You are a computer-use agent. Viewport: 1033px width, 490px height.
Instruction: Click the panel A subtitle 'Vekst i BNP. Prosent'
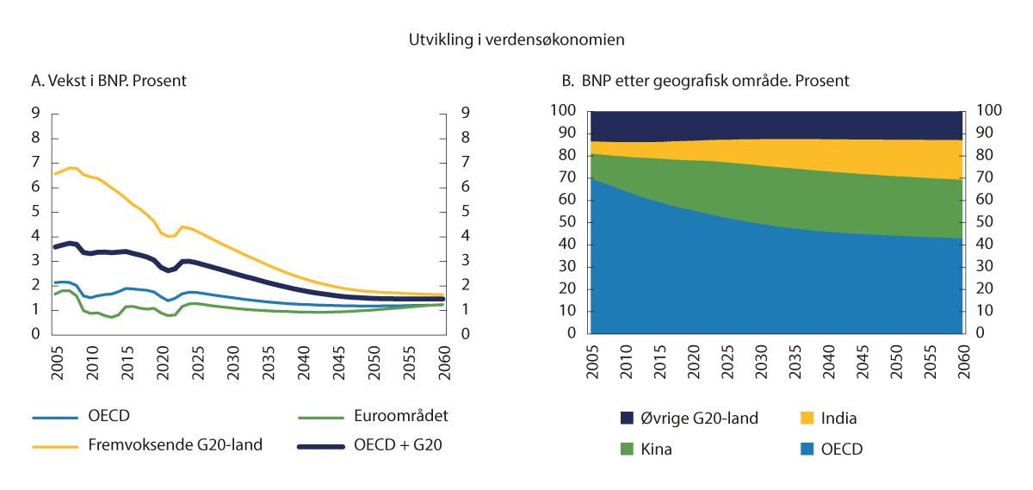[108, 81]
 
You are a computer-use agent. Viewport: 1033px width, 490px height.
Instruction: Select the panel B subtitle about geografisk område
[705, 81]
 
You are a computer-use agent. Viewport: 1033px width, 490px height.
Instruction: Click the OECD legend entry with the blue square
[841, 449]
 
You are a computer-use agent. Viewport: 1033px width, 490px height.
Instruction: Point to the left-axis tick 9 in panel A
[35, 113]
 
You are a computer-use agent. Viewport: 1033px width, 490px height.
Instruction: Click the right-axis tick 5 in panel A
[465, 212]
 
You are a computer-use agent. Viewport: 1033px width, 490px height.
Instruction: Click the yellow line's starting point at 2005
[54, 174]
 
